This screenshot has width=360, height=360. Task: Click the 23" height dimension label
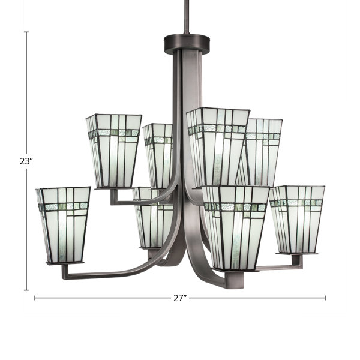[x=25, y=161]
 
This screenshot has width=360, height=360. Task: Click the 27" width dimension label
[x=180, y=298]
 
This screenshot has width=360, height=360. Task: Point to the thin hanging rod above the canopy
[x=185, y=17]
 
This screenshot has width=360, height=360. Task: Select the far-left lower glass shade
[x=63, y=225]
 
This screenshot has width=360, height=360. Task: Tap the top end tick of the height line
[x=26, y=32]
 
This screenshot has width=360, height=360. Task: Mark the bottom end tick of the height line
[x=26, y=290]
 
